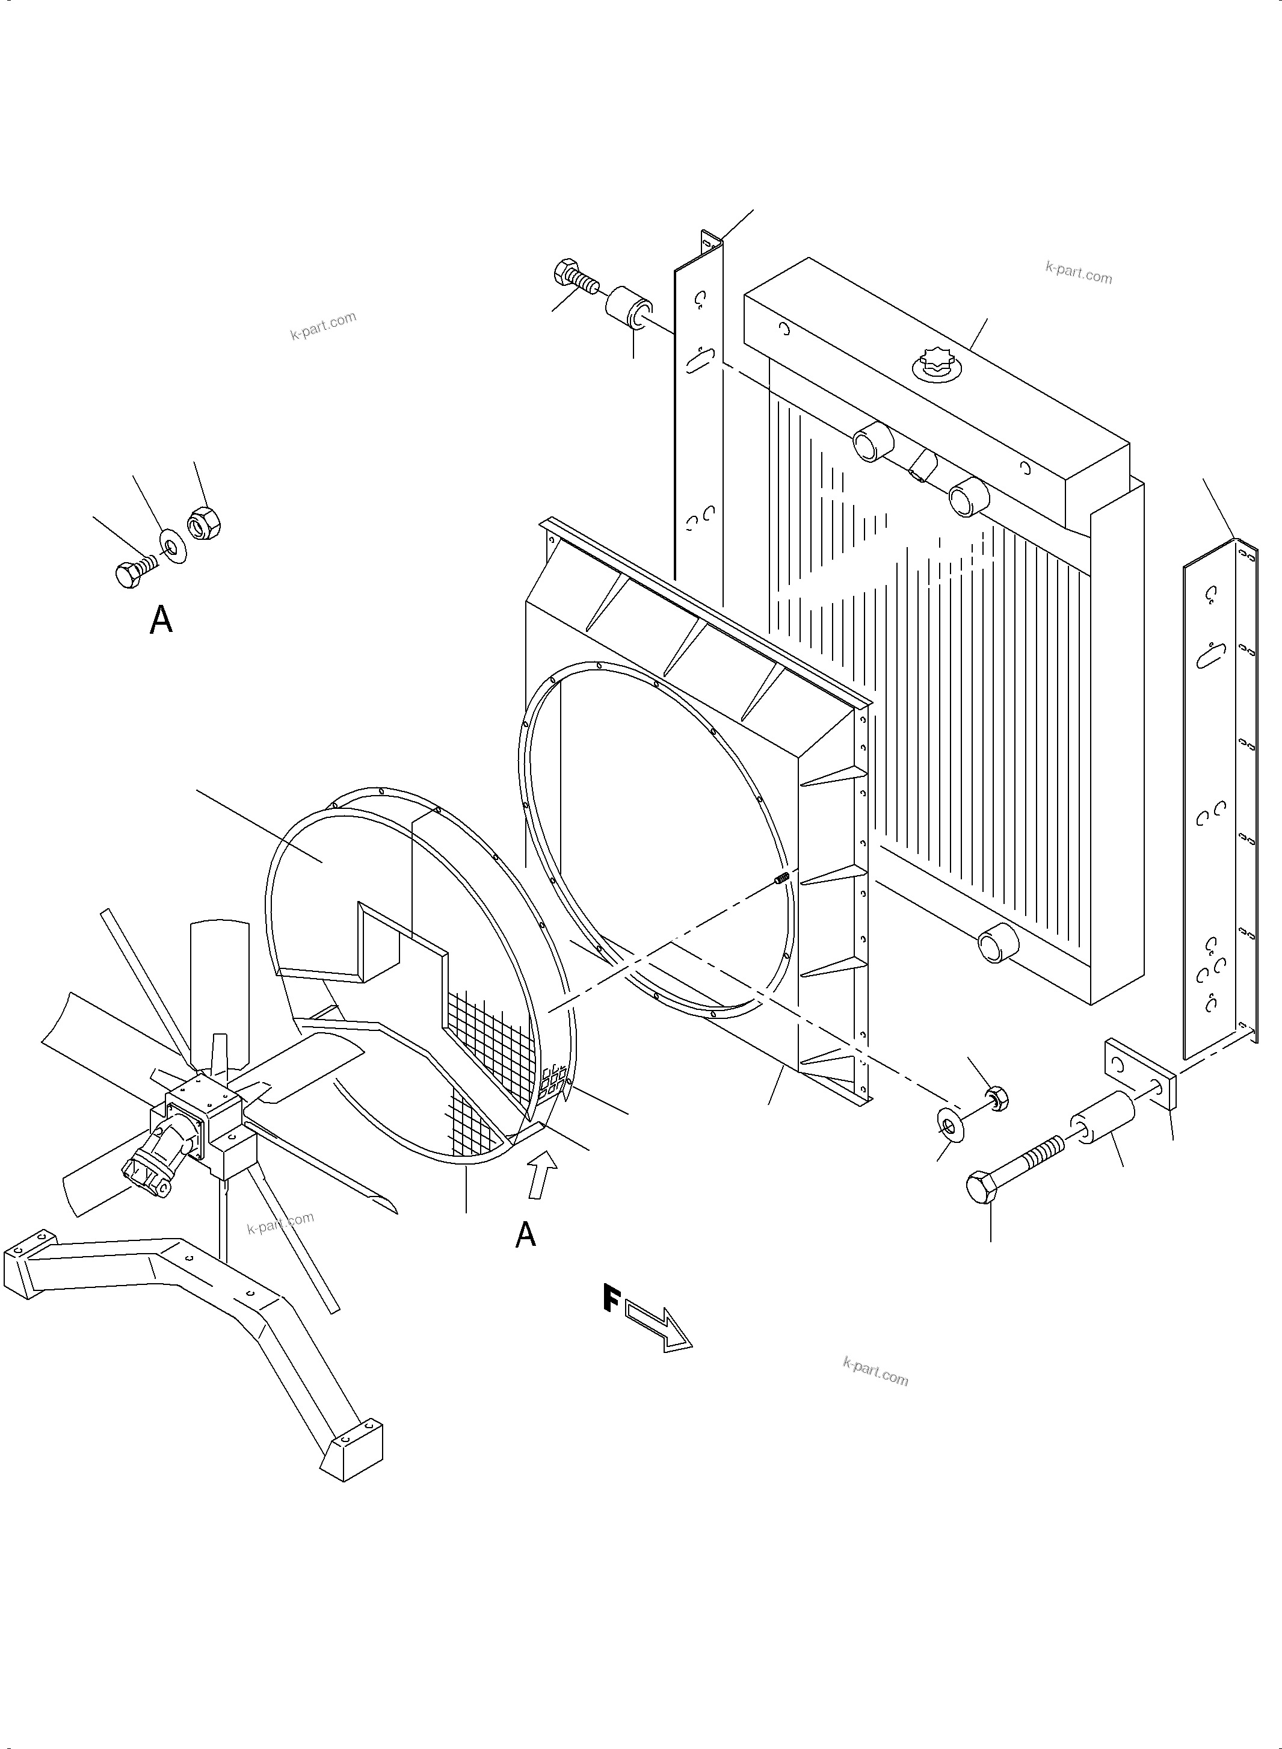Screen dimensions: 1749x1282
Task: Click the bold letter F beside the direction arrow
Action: (x=611, y=1299)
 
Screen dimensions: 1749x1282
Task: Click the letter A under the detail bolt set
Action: (x=161, y=621)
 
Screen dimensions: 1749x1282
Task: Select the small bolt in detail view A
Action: (x=134, y=572)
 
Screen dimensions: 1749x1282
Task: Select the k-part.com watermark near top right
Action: (x=1078, y=273)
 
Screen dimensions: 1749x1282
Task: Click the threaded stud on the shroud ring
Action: (x=781, y=878)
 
